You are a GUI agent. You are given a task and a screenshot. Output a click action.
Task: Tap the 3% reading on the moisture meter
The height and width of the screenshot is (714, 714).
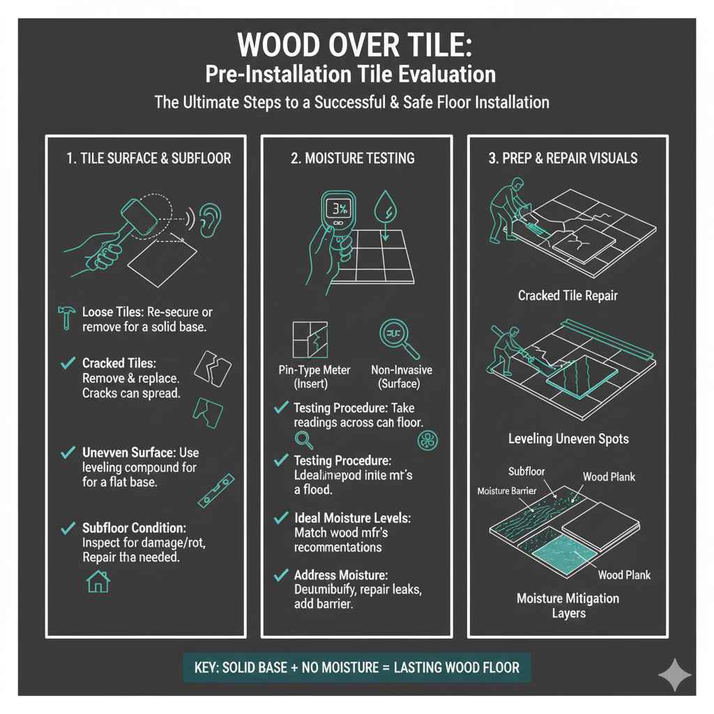[x=340, y=208]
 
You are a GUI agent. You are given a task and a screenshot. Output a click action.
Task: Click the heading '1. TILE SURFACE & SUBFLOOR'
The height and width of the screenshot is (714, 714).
[x=149, y=158]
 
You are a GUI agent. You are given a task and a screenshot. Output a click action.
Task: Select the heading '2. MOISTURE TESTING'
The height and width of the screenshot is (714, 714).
[x=352, y=158]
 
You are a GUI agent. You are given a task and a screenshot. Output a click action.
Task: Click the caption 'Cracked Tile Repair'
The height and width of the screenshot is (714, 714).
[x=567, y=296]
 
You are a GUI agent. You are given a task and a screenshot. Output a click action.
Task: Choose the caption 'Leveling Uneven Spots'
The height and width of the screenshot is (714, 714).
[x=568, y=439]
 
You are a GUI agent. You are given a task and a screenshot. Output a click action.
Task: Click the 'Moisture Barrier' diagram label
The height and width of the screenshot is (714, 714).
[x=506, y=492]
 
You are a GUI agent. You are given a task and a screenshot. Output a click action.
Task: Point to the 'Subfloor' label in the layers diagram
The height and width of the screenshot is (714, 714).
[x=527, y=472]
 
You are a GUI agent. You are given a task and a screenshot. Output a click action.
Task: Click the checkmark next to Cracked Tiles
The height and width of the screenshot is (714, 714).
[x=68, y=363]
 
